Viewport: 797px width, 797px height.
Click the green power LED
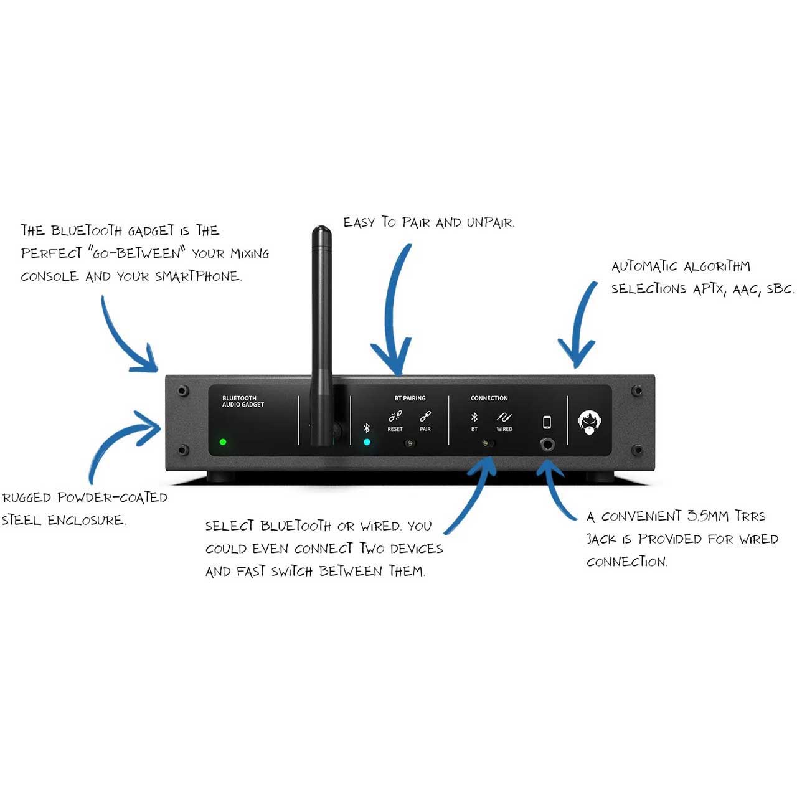[x=223, y=441]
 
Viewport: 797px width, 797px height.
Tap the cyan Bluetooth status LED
[x=367, y=441]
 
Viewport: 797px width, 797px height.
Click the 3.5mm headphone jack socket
[x=547, y=445]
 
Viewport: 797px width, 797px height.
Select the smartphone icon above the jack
[x=547, y=422]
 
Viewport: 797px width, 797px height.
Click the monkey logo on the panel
[x=590, y=422]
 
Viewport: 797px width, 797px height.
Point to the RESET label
[x=395, y=429]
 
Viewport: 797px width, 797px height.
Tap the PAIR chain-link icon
[x=425, y=416]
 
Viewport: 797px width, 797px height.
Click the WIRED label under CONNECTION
[x=504, y=429]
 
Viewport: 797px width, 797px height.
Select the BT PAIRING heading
[x=410, y=398]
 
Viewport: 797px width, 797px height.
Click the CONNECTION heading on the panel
[x=489, y=398]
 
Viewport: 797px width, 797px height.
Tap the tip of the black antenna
[x=321, y=227]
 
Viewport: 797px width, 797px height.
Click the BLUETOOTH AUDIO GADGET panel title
[x=243, y=401]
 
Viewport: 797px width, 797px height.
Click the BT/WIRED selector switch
[x=488, y=443]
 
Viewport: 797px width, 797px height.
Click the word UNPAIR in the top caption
[x=491, y=222]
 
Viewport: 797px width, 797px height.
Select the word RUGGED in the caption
[x=27, y=497]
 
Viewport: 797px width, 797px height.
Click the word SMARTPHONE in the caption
[x=198, y=276]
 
